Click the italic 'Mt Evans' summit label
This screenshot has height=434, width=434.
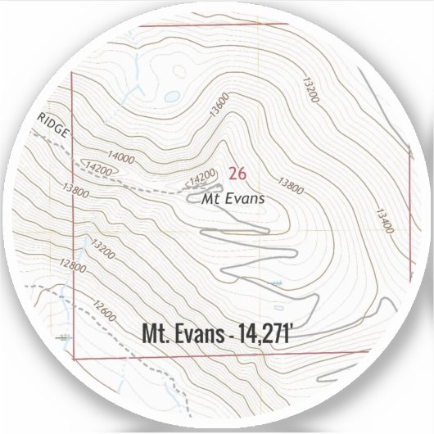click(234, 197)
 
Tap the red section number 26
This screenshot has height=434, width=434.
click(237, 173)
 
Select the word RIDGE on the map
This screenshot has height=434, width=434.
click(54, 124)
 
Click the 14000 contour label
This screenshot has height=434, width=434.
click(120, 156)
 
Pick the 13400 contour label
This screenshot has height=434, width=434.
click(385, 219)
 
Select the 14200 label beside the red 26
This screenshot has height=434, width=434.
click(202, 176)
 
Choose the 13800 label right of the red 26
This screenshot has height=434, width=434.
click(290, 187)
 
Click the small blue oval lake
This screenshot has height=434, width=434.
click(171, 96)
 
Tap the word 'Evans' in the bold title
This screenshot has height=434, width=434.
click(199, 333)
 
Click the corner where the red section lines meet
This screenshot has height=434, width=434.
click(75, 359)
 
